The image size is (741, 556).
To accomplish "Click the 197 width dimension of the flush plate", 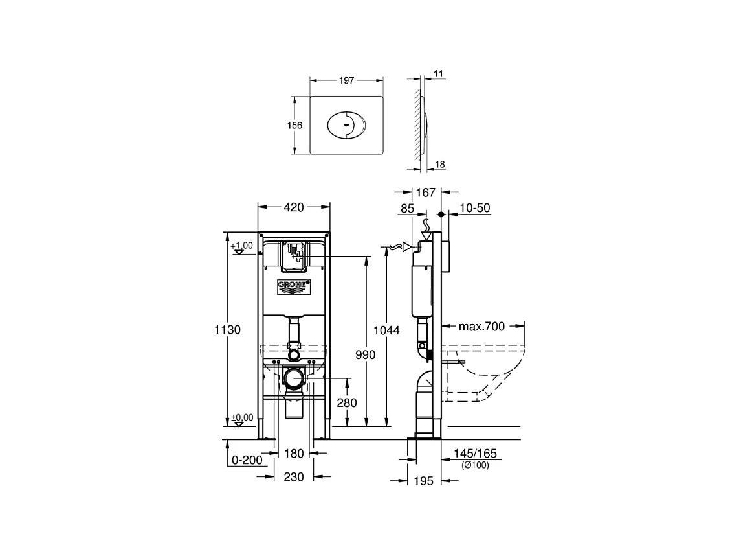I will pos(347,80).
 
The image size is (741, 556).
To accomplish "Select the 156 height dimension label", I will pos(295,125).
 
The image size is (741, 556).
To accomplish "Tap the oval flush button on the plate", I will pos(347,125).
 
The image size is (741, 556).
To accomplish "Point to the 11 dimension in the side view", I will pos(438,75).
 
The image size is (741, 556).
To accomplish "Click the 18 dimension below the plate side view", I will pos(439,165).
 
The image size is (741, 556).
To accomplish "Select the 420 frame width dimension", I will pos(294,207).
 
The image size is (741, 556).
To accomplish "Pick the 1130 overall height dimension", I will pos(228,330).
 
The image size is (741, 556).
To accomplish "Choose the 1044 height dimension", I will pos(387,330).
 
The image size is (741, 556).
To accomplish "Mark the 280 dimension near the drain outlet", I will pos(346,402).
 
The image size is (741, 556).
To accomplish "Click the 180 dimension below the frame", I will pos(294,454).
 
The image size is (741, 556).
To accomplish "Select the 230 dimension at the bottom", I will pos(294,477).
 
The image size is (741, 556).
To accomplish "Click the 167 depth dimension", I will pos(425,192).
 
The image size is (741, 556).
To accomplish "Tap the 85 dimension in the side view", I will pos(408,209).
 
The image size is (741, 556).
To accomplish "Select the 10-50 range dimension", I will pos(474,208).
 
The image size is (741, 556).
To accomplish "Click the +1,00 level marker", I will pos(242,246).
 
